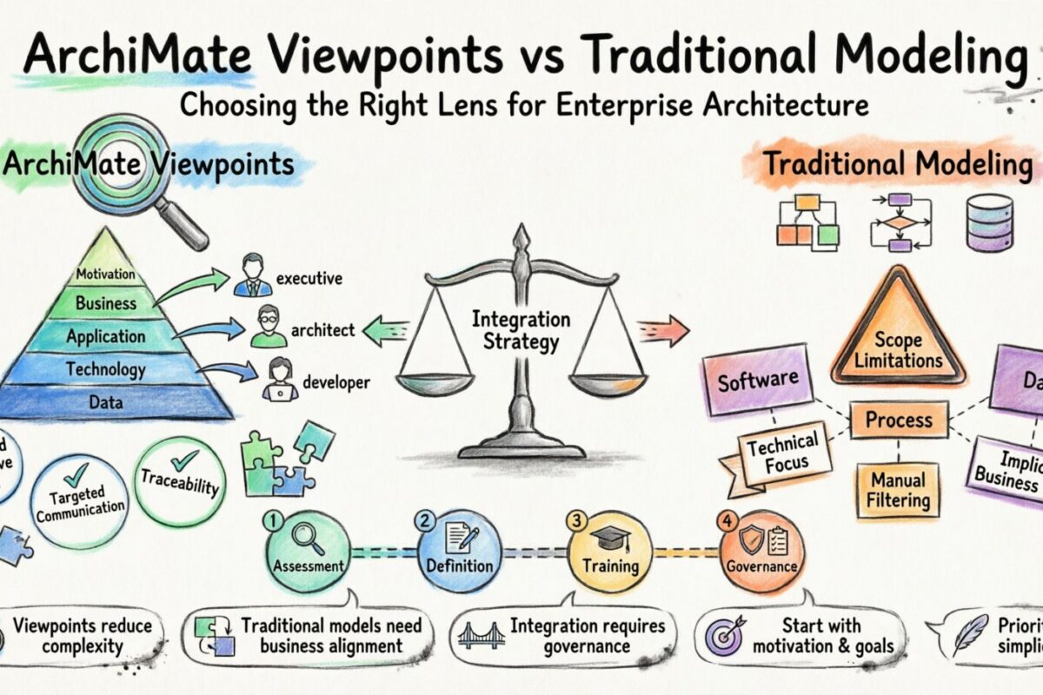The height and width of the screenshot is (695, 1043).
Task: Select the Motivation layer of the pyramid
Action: coord(105,275)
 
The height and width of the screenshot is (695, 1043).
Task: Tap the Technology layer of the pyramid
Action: coord(105,370)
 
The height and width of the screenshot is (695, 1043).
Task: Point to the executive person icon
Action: coord(251,275)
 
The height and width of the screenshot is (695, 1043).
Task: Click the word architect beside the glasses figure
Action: coord(322,330)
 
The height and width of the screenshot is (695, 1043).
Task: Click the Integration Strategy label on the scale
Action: coord(521,330)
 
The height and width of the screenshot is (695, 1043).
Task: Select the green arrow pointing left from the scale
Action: coord(385,330)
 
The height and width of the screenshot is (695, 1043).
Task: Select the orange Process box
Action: coord(898,420)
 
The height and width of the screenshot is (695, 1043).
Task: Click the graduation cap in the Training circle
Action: coord(609,539)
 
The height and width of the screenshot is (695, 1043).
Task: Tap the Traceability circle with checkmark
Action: coord(182,480)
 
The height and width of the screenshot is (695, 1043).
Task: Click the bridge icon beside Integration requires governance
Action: coord(481,635)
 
